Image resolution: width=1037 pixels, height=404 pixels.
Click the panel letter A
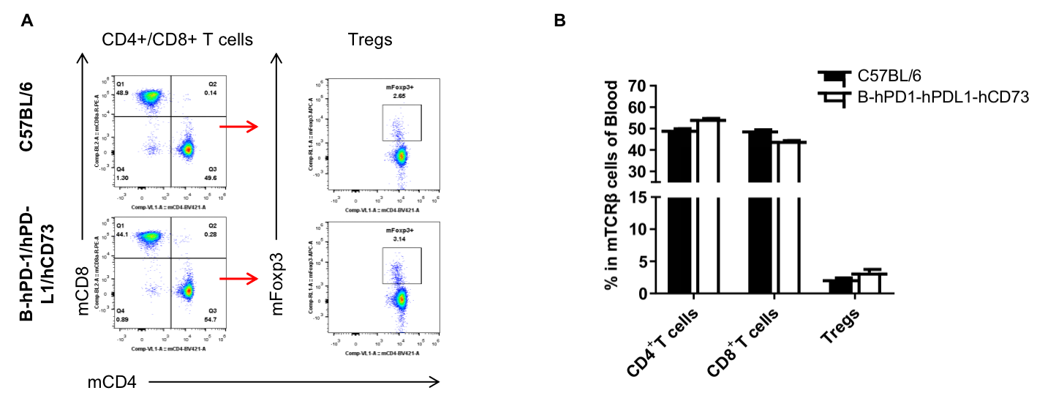pos(27,21)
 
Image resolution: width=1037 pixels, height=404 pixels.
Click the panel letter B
pos(559,21)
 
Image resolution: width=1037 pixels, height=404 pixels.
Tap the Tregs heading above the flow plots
pos(370,40)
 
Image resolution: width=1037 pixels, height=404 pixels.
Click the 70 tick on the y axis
pos(638,86)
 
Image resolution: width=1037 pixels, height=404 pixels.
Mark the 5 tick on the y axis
pos(642,261)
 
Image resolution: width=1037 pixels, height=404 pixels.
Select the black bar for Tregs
pos(845,285)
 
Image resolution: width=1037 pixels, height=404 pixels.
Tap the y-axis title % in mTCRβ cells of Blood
pos(612,187)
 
